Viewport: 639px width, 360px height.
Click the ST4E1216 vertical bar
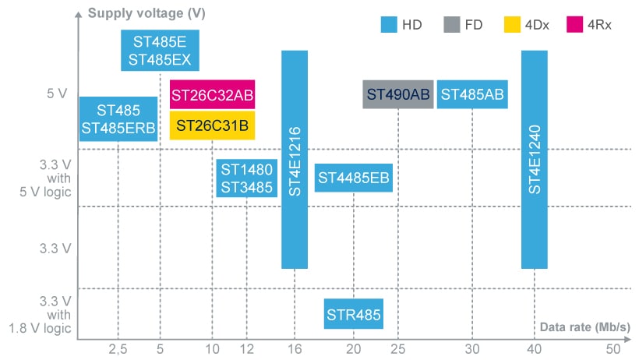pos(294,159)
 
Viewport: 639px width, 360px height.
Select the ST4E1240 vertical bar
pos(534,159)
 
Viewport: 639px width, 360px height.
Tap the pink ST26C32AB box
pos(212,95)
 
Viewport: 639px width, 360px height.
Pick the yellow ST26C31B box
pos(212,125)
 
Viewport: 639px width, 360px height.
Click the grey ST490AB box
pos(398,94)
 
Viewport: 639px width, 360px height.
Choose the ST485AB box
pos(472,94)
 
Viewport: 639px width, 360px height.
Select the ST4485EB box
pos(353,178)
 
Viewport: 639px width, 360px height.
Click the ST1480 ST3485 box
pos(246,178)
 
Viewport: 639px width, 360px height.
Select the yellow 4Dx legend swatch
pos(512,25)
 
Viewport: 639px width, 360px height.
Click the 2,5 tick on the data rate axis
pos(118,348)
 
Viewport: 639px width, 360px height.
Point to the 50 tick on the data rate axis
pos(613,348)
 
